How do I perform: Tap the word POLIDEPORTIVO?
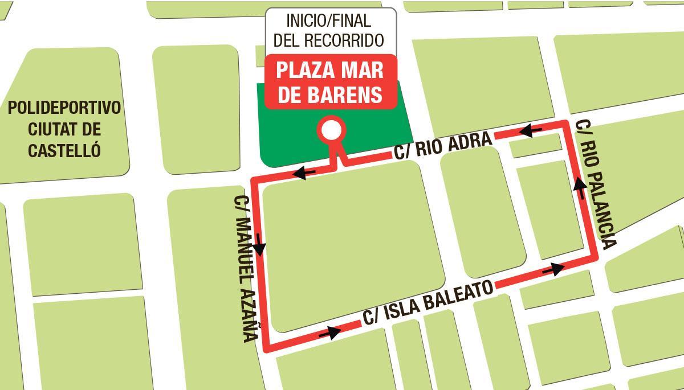64,108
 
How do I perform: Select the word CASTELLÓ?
64,150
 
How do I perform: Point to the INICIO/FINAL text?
328,21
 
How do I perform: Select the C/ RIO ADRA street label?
442,146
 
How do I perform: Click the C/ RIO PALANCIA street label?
596,185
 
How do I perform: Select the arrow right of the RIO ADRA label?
530,130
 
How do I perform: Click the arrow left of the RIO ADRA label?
304,172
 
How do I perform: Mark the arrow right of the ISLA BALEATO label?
553,268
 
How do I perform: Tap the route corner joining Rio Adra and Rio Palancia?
565,124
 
